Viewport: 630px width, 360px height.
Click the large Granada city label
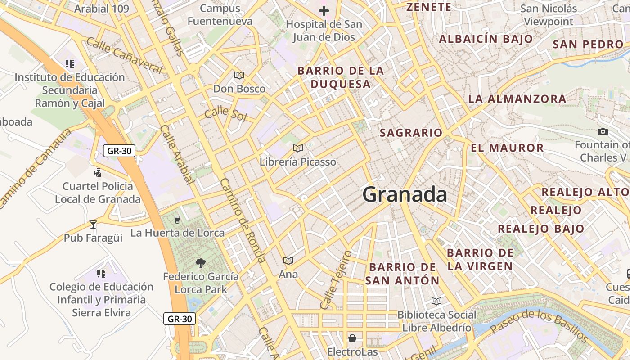point(405,195)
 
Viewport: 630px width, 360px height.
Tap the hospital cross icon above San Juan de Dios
point(324,11)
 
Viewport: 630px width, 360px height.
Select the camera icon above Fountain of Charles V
point(603,131)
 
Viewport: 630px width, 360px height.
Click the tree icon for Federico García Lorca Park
point(201,263)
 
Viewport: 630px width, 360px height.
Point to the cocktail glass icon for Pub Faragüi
point(93,224)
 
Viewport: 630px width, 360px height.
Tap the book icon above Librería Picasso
point(297,148)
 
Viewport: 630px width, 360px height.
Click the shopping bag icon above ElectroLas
point(352,338)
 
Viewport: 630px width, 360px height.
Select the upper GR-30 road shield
point(119,151)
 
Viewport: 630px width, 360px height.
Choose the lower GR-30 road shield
point(179,319)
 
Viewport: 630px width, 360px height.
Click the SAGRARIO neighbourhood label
point(411,133)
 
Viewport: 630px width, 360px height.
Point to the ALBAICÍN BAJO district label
point(486,39)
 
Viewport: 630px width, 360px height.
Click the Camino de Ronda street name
point(242,220)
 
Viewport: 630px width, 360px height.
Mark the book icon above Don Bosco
point(239,75)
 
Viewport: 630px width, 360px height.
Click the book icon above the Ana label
point(288,261)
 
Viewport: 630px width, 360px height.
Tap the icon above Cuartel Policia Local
point(97,172)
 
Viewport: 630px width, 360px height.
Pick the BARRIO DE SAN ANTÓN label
point(402,274)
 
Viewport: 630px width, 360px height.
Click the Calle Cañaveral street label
point(124,56)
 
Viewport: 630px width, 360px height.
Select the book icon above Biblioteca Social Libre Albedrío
point(436,301)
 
